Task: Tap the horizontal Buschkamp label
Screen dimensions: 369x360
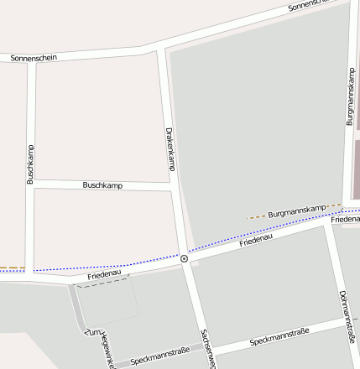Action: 102,184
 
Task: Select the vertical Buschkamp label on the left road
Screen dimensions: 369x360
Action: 30,163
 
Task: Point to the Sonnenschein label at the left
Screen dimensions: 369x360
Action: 34,58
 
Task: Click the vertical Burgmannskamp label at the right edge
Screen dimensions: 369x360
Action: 351,96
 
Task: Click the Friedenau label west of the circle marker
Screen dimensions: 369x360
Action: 105,274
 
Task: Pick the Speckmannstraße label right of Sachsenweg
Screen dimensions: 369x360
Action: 279,335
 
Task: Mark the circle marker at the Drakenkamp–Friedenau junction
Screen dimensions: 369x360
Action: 184,258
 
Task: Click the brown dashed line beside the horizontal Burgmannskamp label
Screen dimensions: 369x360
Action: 255,217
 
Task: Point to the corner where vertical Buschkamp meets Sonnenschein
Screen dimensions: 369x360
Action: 32,60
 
